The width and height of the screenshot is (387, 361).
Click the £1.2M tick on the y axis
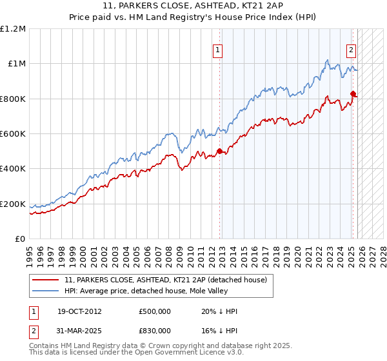(14, 28)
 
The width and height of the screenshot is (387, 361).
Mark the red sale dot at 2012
(219, 151)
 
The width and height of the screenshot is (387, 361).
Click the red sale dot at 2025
(353, 93)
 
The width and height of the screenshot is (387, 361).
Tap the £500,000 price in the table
(154, 311)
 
